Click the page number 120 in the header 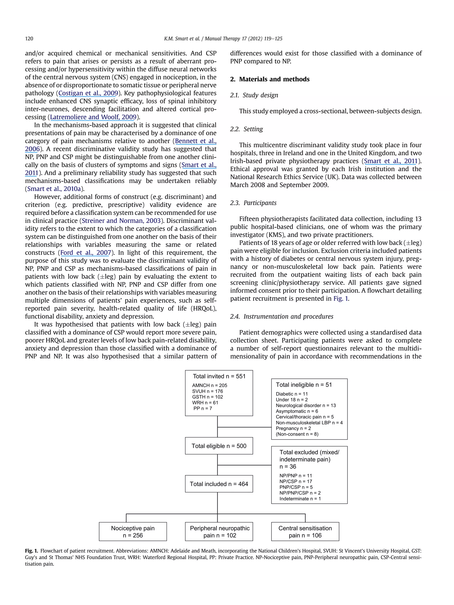(29, 39)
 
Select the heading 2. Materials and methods (270, 79)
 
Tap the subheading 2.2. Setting (246, 129)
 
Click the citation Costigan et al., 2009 (88, 93)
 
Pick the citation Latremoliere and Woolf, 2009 (93, 117)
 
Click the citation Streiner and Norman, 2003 (121, 221)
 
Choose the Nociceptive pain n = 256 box (133, 532)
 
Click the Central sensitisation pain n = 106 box (305, 532)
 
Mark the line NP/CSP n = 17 (295, 481)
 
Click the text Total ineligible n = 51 (303, 385)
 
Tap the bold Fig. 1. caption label (31, 551)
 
